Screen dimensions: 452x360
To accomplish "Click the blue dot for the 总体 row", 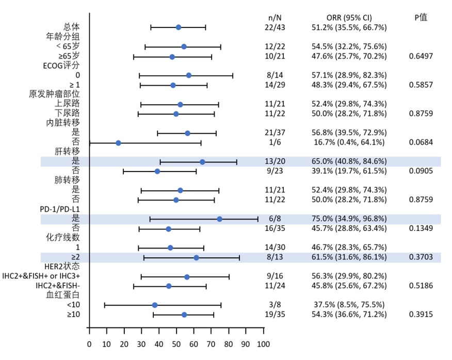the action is [179, 27].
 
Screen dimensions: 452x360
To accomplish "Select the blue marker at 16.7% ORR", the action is [118, 143].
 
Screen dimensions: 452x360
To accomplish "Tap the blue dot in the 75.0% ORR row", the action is [219, 219].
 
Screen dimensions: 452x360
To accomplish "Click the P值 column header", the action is [421, 18].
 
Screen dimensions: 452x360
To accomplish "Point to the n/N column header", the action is [275, 18].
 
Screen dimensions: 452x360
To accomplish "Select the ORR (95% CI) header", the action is [349, 18].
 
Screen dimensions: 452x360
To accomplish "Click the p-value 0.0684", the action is [421, 142].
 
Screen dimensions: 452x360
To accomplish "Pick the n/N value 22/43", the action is [275, 27].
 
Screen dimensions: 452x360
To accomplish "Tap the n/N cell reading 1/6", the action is [275, 142].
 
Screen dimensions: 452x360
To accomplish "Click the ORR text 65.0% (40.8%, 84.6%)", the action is [349, 161].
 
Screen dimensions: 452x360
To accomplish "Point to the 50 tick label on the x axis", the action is [176, 344].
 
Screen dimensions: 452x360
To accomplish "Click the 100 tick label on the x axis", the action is [264, 344].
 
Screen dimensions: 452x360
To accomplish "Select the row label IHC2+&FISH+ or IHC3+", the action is [41, 276].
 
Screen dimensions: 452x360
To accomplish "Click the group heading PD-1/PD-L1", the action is [60, 209].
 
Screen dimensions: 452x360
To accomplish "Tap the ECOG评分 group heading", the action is [61, 66].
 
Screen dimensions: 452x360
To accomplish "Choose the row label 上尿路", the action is [67, 103].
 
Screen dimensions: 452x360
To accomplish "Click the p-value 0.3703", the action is [421, 257].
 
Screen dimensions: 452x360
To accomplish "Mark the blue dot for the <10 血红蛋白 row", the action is [155, 305].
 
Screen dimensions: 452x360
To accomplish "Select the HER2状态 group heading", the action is [62, 266].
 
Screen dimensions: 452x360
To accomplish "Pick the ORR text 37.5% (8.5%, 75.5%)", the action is [349, 305].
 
